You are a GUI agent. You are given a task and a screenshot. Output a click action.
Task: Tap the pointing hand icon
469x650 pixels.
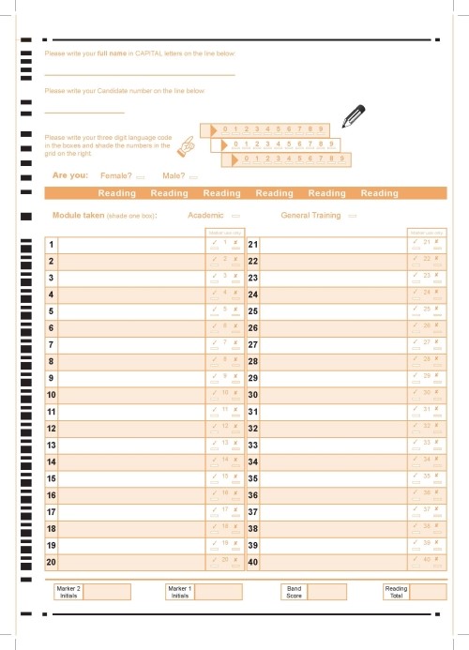pyautogui.click(x=189, y=144)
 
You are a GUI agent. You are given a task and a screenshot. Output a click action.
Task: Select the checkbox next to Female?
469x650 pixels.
pyautogui.click(x=141, y=176)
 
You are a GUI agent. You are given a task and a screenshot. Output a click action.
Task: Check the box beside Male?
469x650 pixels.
pyautogui.click(x=193, y=176)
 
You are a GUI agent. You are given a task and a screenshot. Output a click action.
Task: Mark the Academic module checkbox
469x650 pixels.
pyautogui.click(x=234, y=216)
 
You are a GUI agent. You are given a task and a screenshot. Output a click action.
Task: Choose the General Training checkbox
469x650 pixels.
pyautogui.click(x=353, y=216)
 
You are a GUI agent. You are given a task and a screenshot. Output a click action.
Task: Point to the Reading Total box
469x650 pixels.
pyautogui.click(x=427, y=591)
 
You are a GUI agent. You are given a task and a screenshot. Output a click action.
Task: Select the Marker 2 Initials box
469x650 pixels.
pyautogui.click(x=107, y=591)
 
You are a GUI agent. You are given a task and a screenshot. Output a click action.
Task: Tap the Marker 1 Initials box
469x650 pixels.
pyautogui.click(x=219, y=591)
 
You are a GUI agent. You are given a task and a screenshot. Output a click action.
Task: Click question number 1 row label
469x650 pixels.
pyautogui.click(x=51, y=245)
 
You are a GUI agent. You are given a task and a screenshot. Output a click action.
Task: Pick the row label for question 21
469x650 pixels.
pyautogui.click(x=252, y=245)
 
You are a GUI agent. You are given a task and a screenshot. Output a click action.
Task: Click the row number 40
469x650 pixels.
pyautogui.click(x=252, y=562)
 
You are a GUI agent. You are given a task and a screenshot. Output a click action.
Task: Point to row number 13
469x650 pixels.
pyautogui.click(x=52, y=445)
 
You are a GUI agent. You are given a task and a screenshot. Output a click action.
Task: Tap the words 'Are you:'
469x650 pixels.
pyautogui.click(x=70, y=175)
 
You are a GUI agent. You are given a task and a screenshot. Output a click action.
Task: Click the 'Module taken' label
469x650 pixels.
pyautogui.click(x=78, y=216)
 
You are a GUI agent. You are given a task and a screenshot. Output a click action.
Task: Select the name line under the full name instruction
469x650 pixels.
pyautogui.click(x=140, y=74)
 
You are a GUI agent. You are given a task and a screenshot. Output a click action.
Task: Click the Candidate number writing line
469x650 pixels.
pyautogui.click(x=84, y=113)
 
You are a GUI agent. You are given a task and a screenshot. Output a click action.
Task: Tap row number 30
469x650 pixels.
pyautogui.click(x=252, y=395)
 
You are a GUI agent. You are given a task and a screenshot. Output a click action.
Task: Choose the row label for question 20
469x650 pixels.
pyautogui.click(x=52, y=562)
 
